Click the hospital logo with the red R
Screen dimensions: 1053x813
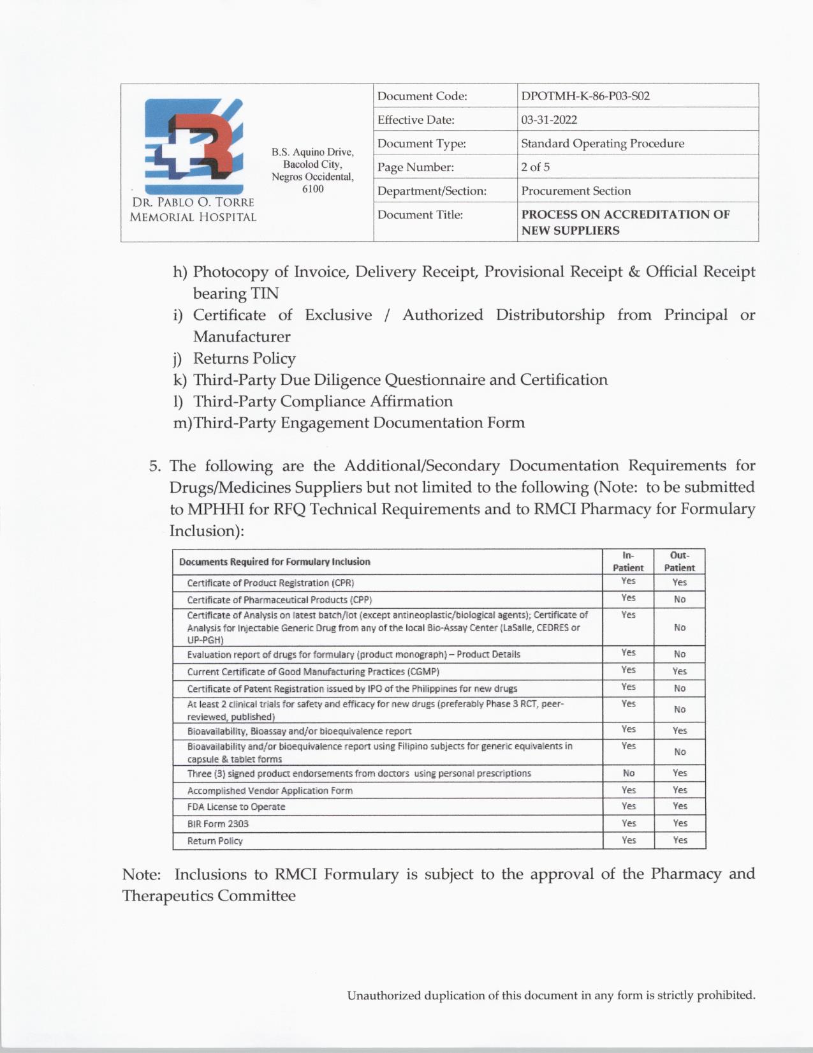pos(193,146)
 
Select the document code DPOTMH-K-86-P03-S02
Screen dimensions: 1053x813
pos(585,96)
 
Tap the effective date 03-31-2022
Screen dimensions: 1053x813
pos(549,120)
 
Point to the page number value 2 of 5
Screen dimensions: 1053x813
pos(535,167)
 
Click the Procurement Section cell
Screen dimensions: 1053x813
pos(576,191)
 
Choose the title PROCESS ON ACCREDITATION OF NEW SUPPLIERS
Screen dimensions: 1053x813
pos(625,222)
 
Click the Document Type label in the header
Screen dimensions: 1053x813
pos(421,144)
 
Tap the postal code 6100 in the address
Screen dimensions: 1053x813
pos(312,189)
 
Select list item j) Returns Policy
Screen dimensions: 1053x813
pos(244,359)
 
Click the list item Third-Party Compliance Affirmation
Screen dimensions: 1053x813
pos(323,401)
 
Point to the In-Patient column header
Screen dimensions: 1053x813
pos(628,562)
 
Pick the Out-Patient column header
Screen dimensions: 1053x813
pos(680,562)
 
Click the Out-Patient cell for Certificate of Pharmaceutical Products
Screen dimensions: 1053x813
pos(680,599)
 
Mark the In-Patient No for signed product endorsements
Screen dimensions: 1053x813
pos(628,773)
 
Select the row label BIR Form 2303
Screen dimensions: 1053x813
pos(217,824)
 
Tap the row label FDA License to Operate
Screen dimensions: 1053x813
pos(236,807)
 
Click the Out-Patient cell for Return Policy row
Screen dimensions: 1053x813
pos(680,840)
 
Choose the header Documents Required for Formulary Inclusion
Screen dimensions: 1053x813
pos(274,562)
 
